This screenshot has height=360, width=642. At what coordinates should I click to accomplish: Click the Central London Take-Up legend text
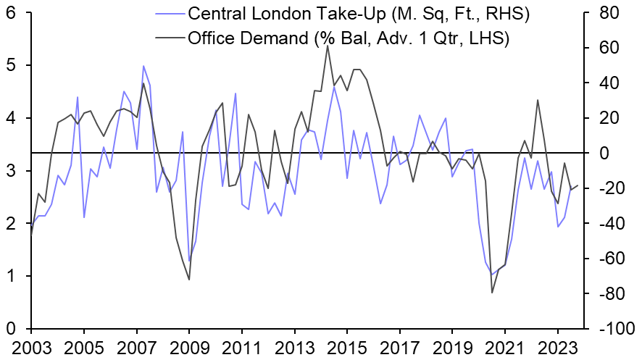(x=349, y=13)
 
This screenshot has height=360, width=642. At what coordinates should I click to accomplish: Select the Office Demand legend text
(x=349, y=37)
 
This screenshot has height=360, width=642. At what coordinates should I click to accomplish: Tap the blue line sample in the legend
(x=169, y=13)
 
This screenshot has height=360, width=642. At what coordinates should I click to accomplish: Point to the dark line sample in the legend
(x=169, y=37)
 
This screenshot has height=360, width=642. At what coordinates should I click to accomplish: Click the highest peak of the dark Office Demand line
(x=328, y=46)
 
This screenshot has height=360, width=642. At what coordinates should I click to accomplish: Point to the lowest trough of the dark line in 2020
(x=493, y=293)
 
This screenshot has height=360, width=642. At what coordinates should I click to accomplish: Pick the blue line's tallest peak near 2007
(x=143, y=66)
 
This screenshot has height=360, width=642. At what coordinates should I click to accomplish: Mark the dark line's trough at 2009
(x=189, y=280)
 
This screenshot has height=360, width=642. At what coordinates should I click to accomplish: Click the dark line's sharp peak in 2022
(x=538, y=100)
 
